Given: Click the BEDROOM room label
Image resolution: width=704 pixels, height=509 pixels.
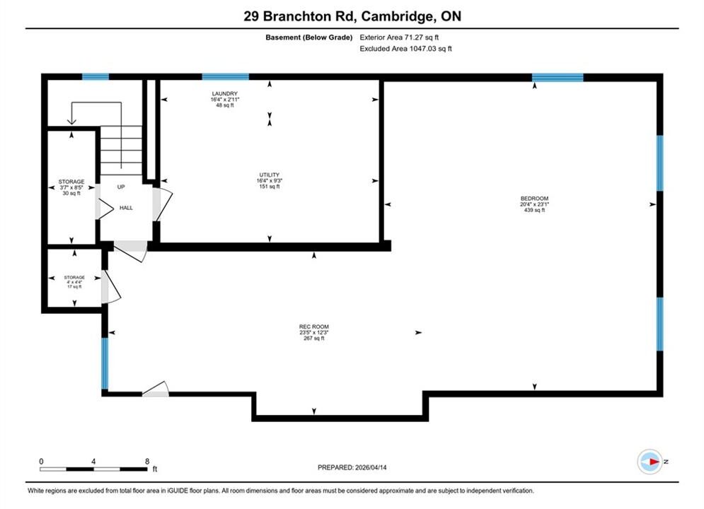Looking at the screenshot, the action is (x=534, y=198).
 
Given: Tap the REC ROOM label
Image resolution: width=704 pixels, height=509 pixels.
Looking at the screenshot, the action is (x=314, y=327).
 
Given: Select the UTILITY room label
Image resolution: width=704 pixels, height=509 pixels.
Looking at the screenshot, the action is (x=270, y=175).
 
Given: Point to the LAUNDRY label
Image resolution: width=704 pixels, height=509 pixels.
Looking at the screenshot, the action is (x=224, y=94).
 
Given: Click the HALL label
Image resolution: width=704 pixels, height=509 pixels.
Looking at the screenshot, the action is (x=126, y=208).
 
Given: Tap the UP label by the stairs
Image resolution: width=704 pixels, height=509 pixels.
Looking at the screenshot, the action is (x=121, y=187).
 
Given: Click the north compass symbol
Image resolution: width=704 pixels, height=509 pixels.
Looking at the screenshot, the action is (x=650, y=462).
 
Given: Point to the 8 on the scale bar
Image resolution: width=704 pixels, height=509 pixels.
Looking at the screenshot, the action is (x=147, y=461).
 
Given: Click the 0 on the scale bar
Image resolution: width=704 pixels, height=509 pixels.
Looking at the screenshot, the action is (x=41, y=461).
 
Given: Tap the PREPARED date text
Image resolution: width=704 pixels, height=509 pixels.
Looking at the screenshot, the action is (x=352, y=467).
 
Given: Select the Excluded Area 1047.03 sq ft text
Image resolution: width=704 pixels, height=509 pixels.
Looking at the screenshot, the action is (x=405, y=49).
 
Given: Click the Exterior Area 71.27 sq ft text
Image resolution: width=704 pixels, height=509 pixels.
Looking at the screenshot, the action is (x=399, y=37).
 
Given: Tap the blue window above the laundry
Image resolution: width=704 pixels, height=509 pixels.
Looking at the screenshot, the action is (x=226, y=76).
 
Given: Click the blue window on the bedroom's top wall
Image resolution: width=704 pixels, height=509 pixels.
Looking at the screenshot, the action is (x=558, y=77).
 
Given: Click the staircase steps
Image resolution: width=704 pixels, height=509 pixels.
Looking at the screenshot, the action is (x=121, y=151).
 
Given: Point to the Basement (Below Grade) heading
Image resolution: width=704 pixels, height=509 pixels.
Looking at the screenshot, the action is (x=309, y=37).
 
